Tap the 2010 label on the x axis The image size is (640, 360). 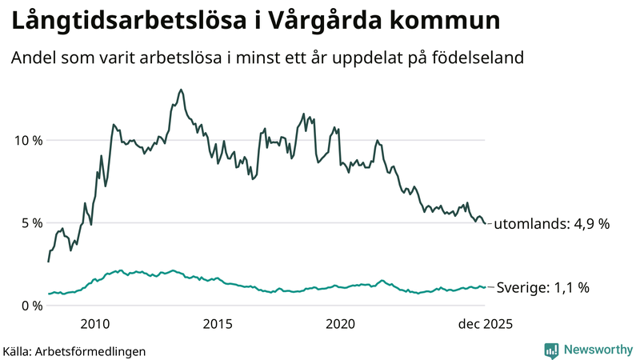(x=95, y=324)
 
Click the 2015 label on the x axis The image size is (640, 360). (x=218, y=324)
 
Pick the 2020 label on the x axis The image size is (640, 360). (x=341, y=324)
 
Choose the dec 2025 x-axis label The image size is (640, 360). (x=483, y=324)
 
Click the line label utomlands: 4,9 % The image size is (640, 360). (x=551, y=225)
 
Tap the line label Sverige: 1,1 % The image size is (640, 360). (x=543, y=287)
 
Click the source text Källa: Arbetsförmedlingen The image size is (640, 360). (x=74, y=350)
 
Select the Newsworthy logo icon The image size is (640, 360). (x=551, y=350)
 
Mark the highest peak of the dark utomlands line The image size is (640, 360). (x=181, y=90)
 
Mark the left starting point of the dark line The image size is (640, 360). (x=48, y=262)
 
